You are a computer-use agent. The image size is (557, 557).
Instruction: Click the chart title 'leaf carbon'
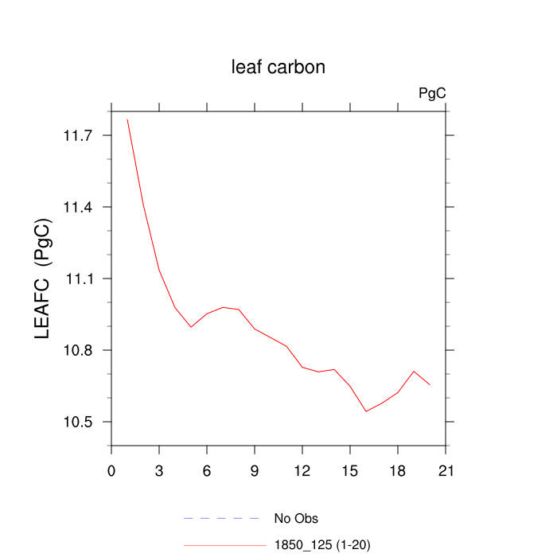278,68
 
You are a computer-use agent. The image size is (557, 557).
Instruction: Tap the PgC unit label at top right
432,94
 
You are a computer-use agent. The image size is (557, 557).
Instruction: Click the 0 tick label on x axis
111,470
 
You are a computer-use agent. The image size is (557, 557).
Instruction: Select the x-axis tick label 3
159,470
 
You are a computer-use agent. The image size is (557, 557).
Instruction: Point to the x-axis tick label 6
207,470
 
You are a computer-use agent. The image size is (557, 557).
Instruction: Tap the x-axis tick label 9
255,470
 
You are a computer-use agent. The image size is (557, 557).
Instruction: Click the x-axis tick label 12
302,470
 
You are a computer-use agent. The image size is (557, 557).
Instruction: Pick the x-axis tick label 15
350,470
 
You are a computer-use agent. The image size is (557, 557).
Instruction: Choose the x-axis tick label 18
398,470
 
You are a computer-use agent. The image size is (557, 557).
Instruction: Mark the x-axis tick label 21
446,470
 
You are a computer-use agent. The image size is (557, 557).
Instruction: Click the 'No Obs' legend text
296,519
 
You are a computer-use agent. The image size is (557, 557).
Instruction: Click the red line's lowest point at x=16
366,411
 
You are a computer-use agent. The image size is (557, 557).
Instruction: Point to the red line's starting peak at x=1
127,119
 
